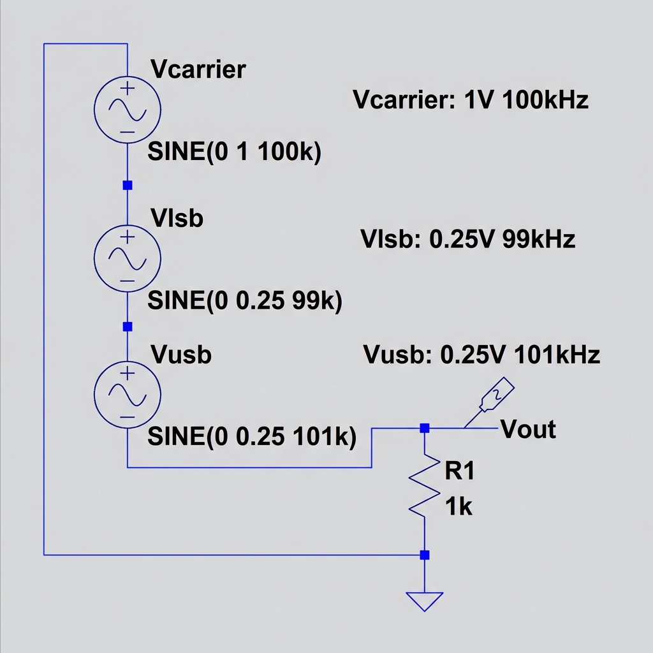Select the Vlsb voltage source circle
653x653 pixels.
point(127,256)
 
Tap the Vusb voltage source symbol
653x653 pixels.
point(127,393)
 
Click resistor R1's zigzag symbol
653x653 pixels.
point(425,486)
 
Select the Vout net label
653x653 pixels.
point(529,429)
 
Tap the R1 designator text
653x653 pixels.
point(460,472)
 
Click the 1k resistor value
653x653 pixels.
point(459,507)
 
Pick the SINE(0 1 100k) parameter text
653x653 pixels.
point(234,152)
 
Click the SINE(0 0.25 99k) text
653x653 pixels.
point(245,300)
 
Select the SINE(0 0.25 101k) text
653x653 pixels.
point(251,437)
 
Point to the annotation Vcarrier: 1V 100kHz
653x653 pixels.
point(470,100)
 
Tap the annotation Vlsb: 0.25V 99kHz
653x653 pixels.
point(467,239)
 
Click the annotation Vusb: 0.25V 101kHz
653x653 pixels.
point(481,355)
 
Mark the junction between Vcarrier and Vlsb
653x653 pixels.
point(127,185)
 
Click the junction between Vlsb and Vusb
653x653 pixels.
point(127,326)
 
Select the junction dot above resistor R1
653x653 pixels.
point(425,428)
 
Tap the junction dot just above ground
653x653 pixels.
point(425,555)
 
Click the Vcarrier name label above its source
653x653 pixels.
point(198,69)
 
